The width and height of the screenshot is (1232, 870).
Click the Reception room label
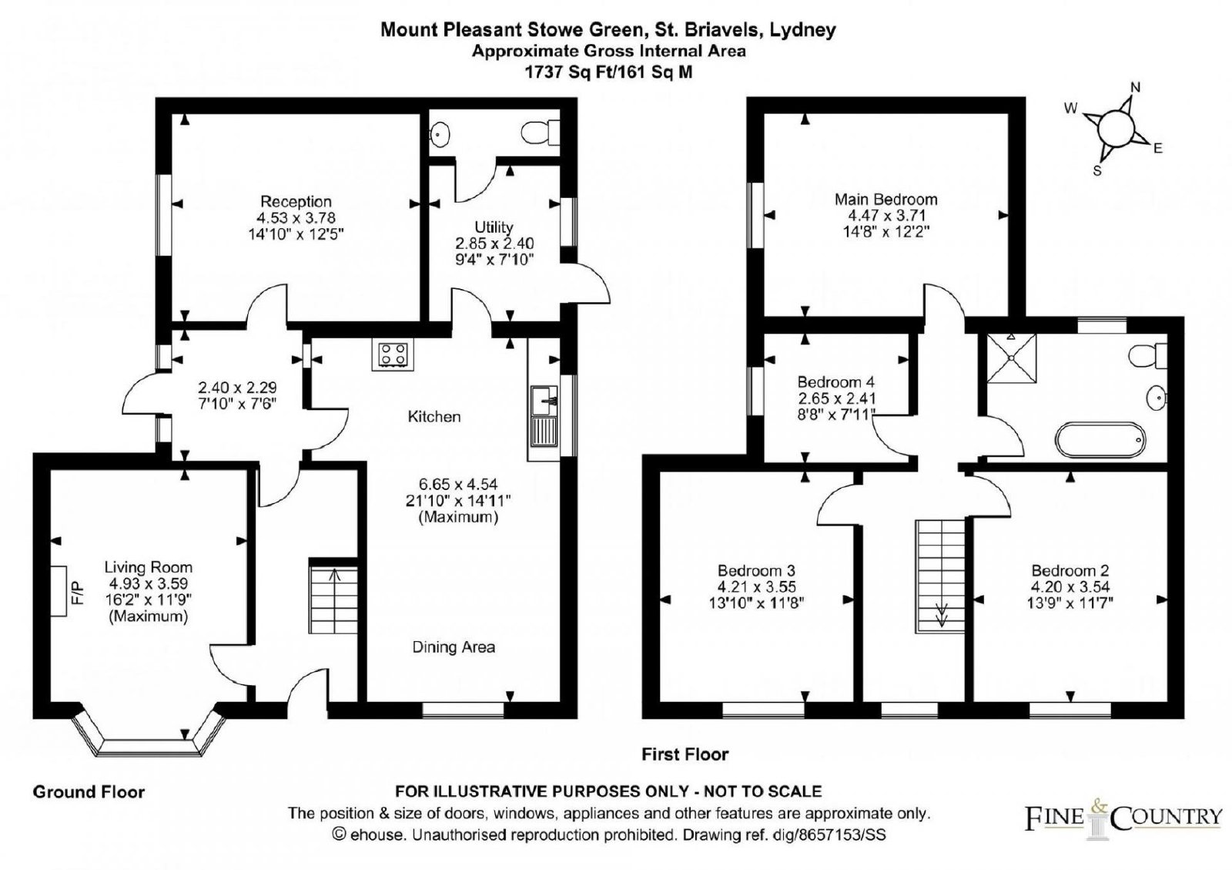click(x=296, y=201)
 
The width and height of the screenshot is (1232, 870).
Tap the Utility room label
click(x=494, y=227)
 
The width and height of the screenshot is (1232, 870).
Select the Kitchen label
click(x=434, y=417)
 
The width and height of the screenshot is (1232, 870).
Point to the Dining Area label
click(x=454, y=647)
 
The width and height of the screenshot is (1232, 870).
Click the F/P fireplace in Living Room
click(x=59, y=591)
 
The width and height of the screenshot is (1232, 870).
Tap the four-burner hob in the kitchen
click(x=393, y=354)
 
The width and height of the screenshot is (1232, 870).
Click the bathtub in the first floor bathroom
click(x=1100, y=439)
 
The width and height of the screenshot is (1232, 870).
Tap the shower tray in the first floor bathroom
click(x=1012, y=358)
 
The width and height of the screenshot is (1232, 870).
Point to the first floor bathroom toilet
click(x=1148, y=355)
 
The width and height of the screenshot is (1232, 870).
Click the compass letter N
click(x=1135, y=88)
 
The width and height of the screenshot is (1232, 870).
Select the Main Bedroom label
click(x=886, y=200)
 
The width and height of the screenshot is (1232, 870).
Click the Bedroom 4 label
click(x=836, y=382)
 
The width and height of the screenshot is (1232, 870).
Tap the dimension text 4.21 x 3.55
click(x=756, y=587)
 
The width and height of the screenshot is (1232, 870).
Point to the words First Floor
click(x=685, y=754)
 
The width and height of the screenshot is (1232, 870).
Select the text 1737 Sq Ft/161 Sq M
click(x=609, y=72)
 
